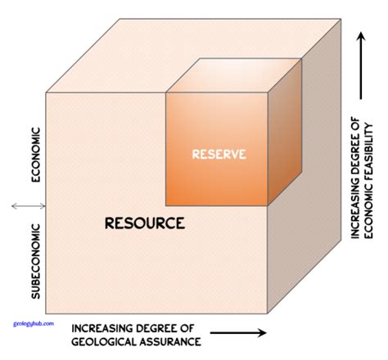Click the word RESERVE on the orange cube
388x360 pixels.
point(219,153)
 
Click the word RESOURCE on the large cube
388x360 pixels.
point(144,222)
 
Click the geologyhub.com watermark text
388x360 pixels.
point(34,322)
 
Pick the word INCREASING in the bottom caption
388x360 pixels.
point(106,325)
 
